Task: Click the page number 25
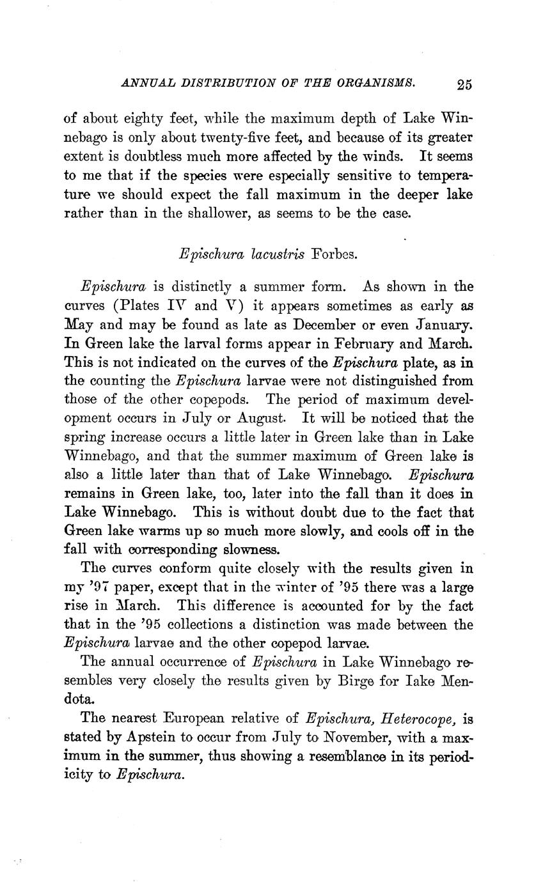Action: [x=464, y=84]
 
